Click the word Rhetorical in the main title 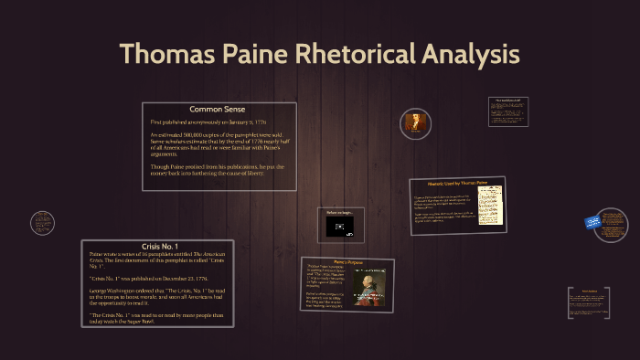point(357,54)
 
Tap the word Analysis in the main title point(470,54)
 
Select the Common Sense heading point(219,110)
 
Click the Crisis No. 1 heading point(156,247)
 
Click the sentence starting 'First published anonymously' point(208,122)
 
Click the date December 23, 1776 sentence point(148,276)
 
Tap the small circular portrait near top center point(416,122)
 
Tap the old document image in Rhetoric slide point(490,206)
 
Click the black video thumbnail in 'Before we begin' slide point(340,226)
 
